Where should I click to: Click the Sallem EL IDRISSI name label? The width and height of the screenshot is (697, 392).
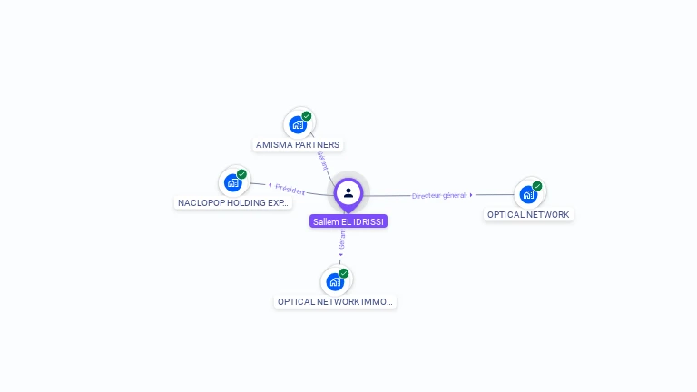pyautogui.click(x=348, y=221)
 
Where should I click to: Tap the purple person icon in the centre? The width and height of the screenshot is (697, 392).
pyautogui.click(x=348, y=192)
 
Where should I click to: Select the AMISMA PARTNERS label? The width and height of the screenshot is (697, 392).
pyautogui.click(x=298, y=144)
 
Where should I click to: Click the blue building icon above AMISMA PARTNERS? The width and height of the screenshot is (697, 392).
pyautogui.click(x=297, y=124)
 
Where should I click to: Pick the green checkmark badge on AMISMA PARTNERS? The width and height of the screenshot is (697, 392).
pyautogui.click(x=307, y=116)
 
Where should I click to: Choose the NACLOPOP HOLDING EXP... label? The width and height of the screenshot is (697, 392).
pyautogui.click(x=233, y=202)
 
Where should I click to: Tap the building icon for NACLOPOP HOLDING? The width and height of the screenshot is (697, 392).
pyautogui.click(x=232, y=182)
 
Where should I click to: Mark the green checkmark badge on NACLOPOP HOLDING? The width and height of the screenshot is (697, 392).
pyautogui.click(x=241, y=174)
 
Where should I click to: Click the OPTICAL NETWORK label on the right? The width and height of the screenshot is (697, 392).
pyautogui.click(x=528, y=215)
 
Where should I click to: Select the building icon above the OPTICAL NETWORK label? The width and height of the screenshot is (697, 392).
pyautogui.click(x=527, y=194)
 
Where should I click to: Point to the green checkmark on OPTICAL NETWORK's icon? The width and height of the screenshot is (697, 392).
pyautogui.click(x=537, y=186)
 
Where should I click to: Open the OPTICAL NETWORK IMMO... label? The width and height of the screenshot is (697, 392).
pyautogui.click(x=336, y=301)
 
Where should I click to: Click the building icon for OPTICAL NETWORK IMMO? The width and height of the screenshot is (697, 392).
pyautogui.click(x=335, y=281)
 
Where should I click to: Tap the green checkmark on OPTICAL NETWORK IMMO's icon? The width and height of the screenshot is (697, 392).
pyautogui.click(x=344, y=273)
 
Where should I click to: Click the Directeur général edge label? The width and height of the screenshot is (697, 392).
pyautogui.click(x=438, y=195)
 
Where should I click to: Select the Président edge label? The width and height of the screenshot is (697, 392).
pyautogui.click(x=290, y=189)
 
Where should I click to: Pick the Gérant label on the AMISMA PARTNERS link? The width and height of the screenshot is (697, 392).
pyautogui.click(x=321, y=160)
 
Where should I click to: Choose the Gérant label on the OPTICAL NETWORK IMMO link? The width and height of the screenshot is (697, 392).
pyautogui.click(x=342, y=239)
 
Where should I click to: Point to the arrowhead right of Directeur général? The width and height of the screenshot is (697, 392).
pyautogui.click(x=471, y=195)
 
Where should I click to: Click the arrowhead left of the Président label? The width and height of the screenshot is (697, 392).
pyautogui.click(x=270, y=186)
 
